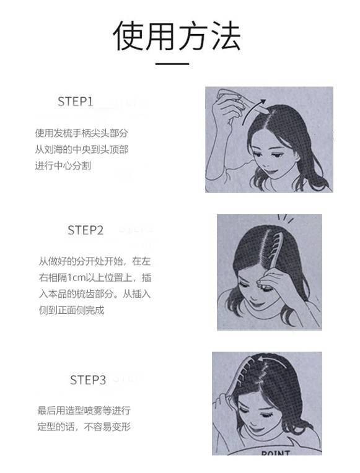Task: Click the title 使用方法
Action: pyautogui.click(x=177, y=35)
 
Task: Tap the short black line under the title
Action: pyautogui.click(x=172, y=64)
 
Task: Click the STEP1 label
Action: pyautogui.click(x=75, y=102)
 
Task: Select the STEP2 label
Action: pyautogui.click(x=86, y=230)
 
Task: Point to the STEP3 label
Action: pyautogui.click(x=88, y=380)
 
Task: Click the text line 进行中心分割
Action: pyautogui.click(x=63, y=165)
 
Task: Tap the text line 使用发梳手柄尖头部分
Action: pyautogui.click(x=82, y=133)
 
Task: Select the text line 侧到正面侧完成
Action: pyautogui.click(x=72, y=310)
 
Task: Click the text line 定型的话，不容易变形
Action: pyautogui.click(x=84, y=427)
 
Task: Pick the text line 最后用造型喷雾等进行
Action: pyautogui.click(x=84, y=410)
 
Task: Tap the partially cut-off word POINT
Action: pyautogui.click(x=276, y=453)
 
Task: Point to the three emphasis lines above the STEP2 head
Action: pyautogui.click(x=286, y=219)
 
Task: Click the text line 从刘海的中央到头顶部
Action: pyautogui.click(x=82, y=149)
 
